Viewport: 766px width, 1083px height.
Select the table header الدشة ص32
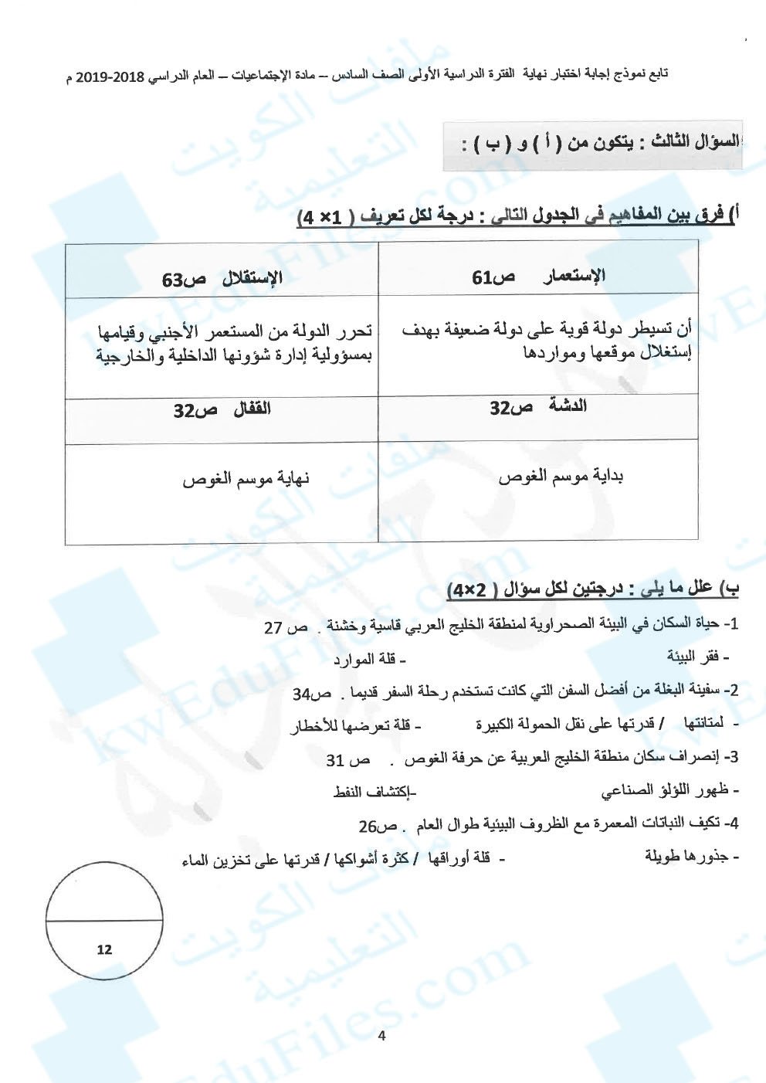point(538,407)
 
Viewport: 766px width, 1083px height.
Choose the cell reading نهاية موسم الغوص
point(246,477)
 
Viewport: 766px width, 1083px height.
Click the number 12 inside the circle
point(104,949)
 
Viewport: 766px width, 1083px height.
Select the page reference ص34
point(312,694)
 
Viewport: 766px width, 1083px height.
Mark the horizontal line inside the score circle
point(104,921)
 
